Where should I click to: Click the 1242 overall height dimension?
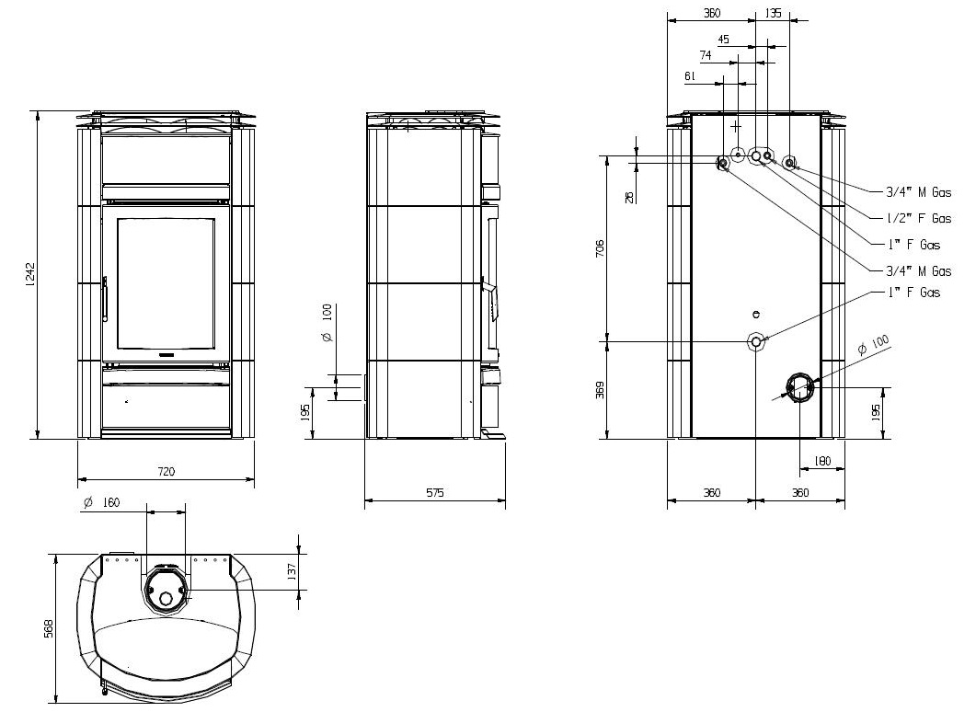pyautogui.click(x=31, y=274)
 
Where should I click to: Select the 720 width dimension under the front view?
pyautogui.click(x=166, y=471)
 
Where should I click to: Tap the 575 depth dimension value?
pyautogui.click(x=435, y=492)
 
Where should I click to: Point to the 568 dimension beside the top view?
pyautogui.click(x=49, y=628)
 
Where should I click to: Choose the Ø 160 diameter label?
pyautogui.click(x=101, y=502)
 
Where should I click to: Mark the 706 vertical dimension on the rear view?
pyautogui.click(x=600, y=248)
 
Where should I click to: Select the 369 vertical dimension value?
pyautogui.click(x=600, y=390)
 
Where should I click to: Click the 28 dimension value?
pyautogui.click(x=629, y=197)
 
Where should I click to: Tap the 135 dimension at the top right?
pyautogui.click(x=773, y=13)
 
